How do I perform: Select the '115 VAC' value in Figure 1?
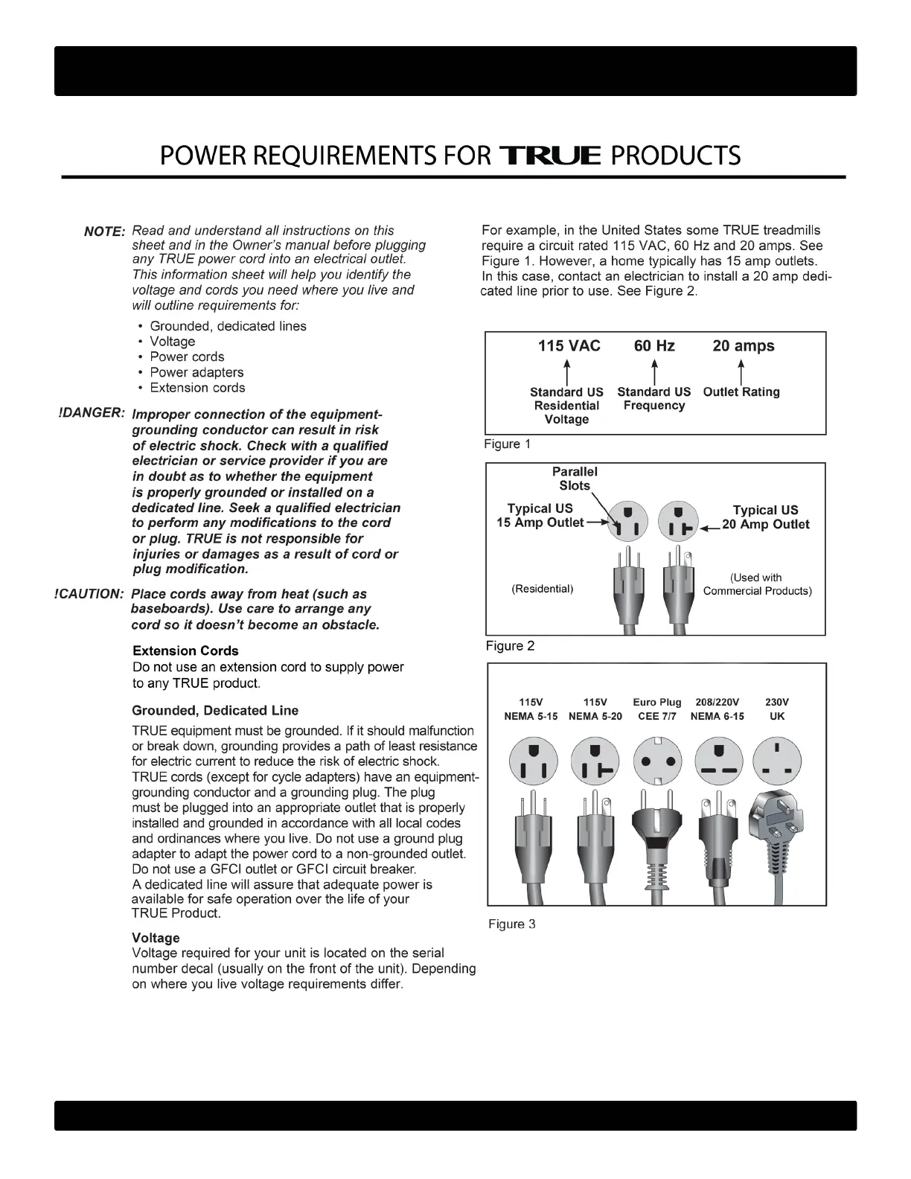(569, 346)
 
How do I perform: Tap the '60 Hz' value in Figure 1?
(654, 346)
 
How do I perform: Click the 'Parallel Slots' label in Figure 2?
(575, 479)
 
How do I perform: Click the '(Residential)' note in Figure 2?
(543, 589)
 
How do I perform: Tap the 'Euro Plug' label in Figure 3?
(656, 702)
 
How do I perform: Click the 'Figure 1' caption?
(508, 444)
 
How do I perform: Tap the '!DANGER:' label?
(90, 413)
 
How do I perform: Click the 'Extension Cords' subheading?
(185, 651)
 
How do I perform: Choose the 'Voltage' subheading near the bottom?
(156, 938)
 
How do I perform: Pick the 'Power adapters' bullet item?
(196, 372)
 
